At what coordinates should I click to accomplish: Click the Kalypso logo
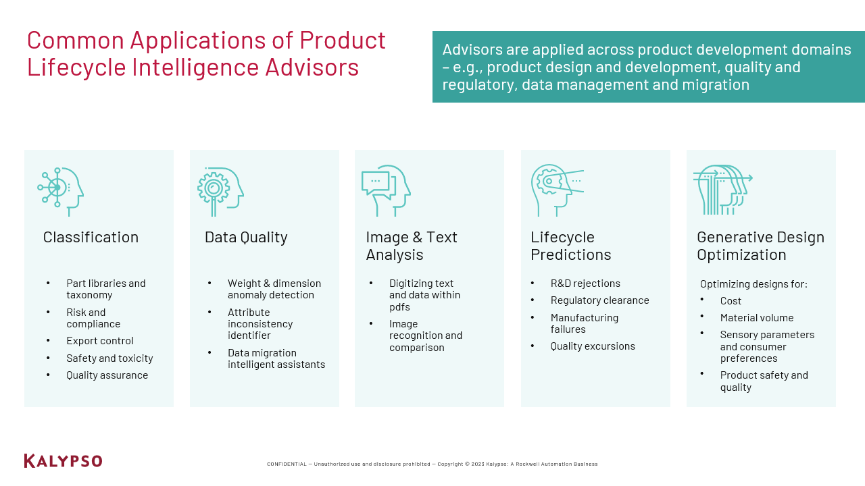(x=63, y=461)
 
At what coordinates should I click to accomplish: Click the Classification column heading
(x=91, y=237)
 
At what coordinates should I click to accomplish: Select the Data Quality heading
(x=246, y=238)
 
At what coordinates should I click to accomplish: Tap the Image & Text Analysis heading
(x=412, y=246)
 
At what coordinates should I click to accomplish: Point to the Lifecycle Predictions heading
(x=571, y=246)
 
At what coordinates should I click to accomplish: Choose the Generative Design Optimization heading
(x=760, y=246)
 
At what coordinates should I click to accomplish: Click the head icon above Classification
(x=61, y=192)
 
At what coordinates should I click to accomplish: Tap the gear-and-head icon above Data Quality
(x=220, y=192)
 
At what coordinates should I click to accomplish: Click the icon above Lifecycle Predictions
(x=558, y=190)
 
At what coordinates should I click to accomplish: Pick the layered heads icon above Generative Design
(x=723, y=190)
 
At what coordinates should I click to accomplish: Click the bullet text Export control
(x=99, y=341)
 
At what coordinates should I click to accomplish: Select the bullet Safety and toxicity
(x=109, y=358)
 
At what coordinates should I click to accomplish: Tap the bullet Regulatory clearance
(x=599, y=300)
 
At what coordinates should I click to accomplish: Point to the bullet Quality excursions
(x=593, y=346)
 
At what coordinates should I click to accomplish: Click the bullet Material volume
(x=757, y=318)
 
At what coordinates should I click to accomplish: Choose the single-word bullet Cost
(x=731, y=301)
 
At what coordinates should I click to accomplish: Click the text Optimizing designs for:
(x=753, y=284)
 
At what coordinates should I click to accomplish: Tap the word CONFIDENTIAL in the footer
(x=287, y=464)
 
